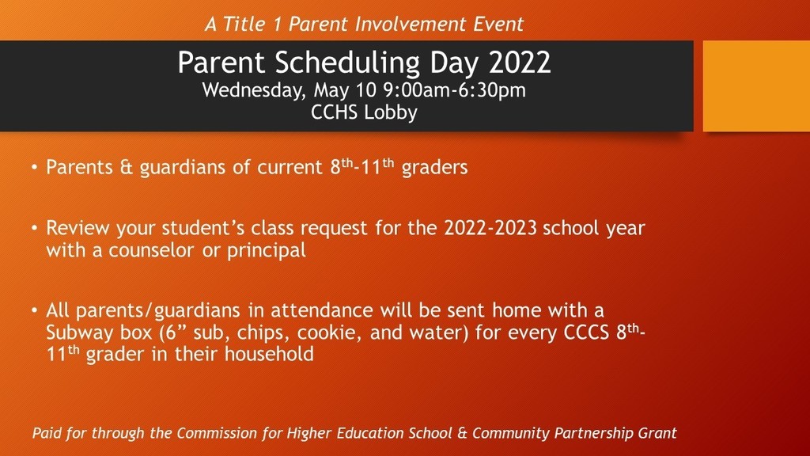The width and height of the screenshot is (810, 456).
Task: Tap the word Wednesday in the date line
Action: (250, 89)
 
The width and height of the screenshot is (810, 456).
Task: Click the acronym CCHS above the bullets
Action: (336, 112)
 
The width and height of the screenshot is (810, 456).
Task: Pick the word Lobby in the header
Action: (391, 112)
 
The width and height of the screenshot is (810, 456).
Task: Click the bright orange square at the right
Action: (756, 85)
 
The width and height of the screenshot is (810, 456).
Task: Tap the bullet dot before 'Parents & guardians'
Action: (35, 168)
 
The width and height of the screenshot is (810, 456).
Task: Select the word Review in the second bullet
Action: (74, 229)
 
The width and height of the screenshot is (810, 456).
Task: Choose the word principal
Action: (266, 251)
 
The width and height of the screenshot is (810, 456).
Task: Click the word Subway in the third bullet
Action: (79, 332)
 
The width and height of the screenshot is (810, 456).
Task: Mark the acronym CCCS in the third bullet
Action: (585, 332)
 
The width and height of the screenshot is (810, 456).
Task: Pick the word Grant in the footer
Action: (657, 433)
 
